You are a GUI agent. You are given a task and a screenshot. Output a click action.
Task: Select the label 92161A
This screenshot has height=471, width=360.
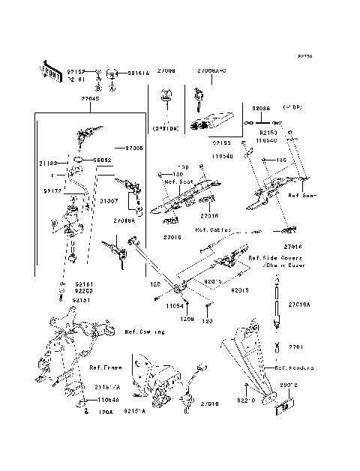[x=138, y=73]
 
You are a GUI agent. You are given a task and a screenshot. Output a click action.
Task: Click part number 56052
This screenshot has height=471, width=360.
[x=103, y=160]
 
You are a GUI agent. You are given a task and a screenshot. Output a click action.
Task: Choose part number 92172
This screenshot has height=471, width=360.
[x=52, y=191]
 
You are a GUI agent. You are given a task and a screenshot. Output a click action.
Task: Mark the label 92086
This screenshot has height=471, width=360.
[x=260, y=108]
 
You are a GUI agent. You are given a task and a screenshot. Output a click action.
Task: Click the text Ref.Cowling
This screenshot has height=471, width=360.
[x=145, y=331]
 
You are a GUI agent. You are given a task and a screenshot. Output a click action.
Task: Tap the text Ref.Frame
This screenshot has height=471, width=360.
[x=106, y=367]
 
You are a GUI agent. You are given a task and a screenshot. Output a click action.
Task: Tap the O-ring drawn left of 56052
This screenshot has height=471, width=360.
[x=79, y=160]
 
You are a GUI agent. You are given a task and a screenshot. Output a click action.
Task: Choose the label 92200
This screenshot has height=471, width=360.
[x=83, y=291]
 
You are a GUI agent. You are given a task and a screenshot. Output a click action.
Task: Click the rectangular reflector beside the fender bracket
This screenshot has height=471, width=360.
[x=286, y=409]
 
